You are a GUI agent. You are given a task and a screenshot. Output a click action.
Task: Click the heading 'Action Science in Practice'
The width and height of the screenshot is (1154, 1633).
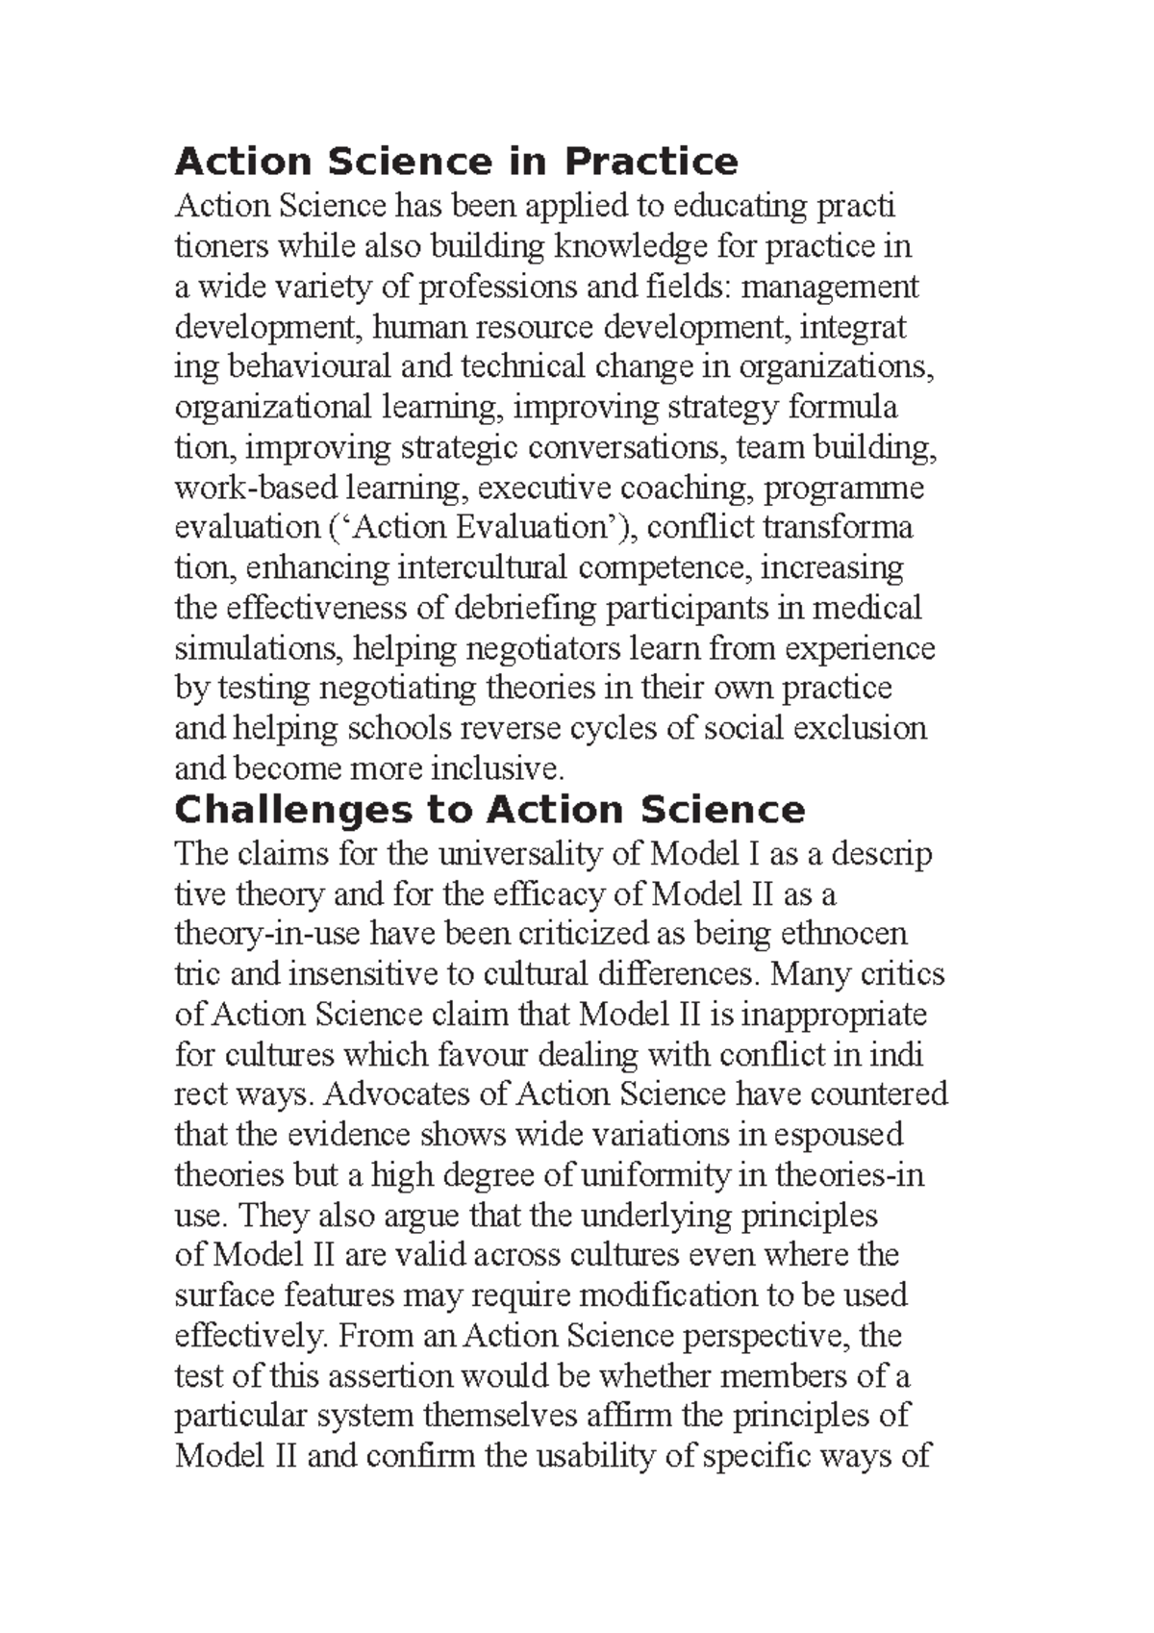[456, 162]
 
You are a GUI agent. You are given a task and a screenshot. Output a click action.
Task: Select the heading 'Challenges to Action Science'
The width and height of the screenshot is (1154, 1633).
[489, 810]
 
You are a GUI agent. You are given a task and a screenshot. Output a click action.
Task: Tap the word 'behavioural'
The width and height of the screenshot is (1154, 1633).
[296, 367]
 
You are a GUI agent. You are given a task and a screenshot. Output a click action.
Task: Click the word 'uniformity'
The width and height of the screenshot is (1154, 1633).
[644, 1175]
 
